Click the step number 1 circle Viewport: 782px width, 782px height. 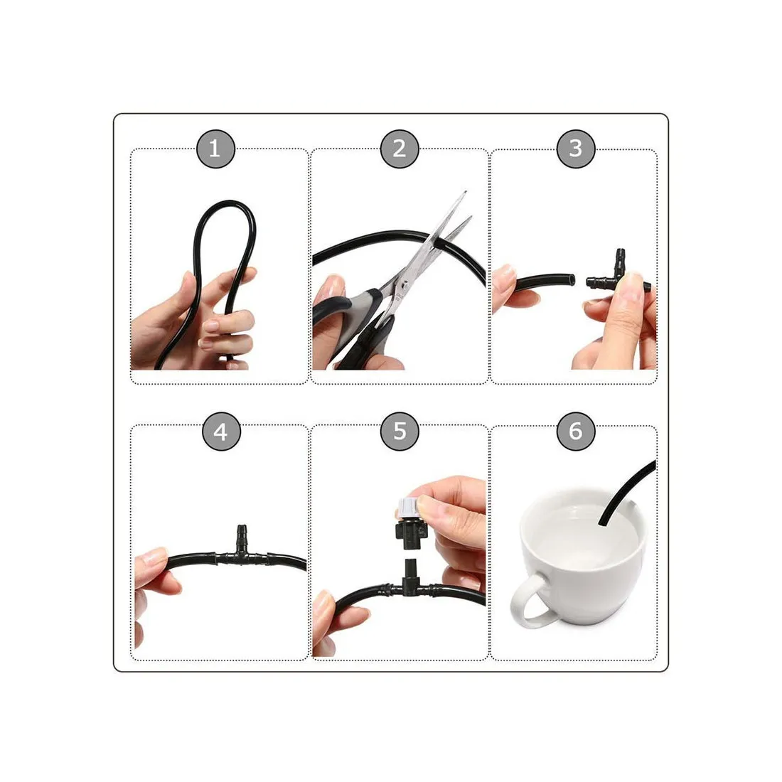tap(215, 149)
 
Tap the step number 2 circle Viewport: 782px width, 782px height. tap(400, 149)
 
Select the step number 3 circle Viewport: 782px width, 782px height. tap(576, 149)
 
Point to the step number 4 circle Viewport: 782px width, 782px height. tap(221, 432)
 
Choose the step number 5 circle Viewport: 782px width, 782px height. tap(400, 432)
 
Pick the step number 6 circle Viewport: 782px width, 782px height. tap(576, 432)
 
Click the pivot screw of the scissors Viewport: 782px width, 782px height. tap(404, 284)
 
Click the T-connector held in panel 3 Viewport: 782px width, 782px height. tap(617, 275)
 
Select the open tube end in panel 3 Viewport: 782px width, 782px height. tap(572, 279)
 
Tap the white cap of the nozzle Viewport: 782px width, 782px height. tap(409, 508)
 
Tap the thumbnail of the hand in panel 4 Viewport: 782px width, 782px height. tap(154, 555)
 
